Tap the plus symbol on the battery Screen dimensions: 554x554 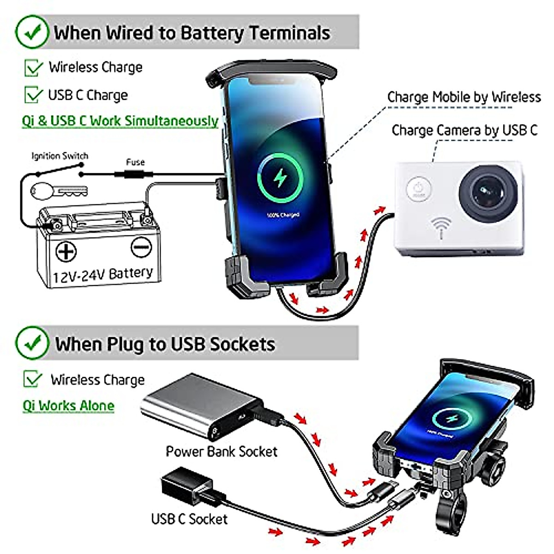66,252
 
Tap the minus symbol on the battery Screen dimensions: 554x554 141,247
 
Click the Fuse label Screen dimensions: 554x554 135,162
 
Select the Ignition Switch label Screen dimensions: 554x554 60,156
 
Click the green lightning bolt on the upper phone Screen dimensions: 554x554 280,178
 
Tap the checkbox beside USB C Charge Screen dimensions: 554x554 33,95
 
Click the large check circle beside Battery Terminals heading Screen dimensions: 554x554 31,32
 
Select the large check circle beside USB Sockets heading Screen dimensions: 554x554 31,343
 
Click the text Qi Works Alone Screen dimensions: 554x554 68,406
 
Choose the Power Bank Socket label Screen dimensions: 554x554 222,451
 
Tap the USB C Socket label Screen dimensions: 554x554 189,519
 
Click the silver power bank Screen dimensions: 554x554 199,402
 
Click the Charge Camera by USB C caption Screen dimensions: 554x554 464,131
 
